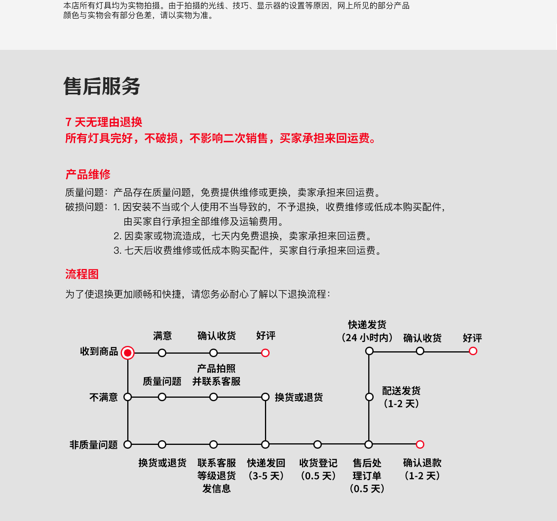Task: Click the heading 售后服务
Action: (x=102, y=86)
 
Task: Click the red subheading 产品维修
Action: (x=88, y=174)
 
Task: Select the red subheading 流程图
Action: (x=82, y=274)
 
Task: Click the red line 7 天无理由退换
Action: (x=104, y=122)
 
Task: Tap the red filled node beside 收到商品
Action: (x=127, y=353)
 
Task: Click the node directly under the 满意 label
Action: (x=162, y=353)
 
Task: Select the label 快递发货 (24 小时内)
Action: (x=367, y=331)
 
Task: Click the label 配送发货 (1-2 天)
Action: (x=401, y=397)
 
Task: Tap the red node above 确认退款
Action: (x=420, y=444)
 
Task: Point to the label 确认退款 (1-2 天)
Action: (x=422, y=469)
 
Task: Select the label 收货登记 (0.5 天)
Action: (x=318, y=469)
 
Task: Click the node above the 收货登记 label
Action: (x=318, y=444)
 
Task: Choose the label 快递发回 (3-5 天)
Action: (x=266, y=469)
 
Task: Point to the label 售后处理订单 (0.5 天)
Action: (x=367, y=475)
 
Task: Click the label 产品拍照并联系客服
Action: (x=216, y=375)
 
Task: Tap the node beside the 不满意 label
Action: (x=127, y=397)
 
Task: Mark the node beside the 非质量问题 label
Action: (x=127, y=444)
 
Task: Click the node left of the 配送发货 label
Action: (x=369, y=397)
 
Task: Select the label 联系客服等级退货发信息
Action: (x=216, y=475)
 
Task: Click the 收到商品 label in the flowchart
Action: (x=99, y=351)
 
